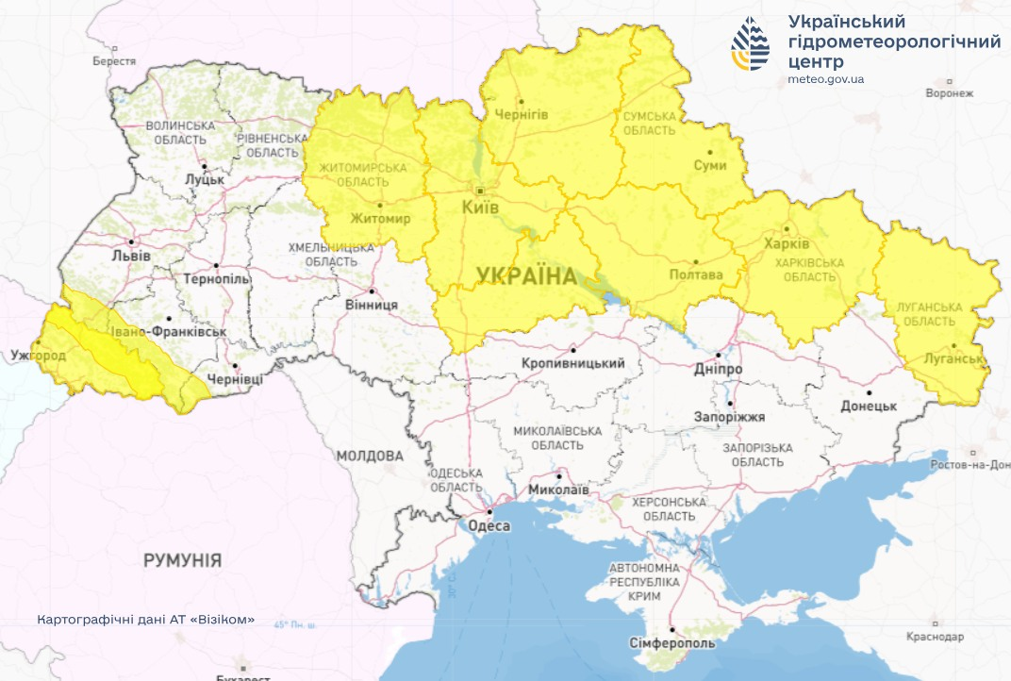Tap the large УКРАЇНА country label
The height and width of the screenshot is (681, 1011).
coord(526,275)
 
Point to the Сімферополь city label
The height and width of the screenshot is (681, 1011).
coord(671,643)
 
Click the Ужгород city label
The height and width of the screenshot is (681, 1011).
coord(38,356)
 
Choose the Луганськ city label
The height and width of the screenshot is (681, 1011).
coord(954,359)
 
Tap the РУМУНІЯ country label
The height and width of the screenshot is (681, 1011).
coord(183,560)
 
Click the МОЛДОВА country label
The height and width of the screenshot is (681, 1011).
coord(369,456)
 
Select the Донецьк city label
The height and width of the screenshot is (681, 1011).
coord(868,407)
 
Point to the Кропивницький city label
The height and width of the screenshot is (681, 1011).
coord(573,363)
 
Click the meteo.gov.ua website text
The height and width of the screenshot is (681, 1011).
coord(825,79)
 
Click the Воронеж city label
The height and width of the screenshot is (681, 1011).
coord(949,93)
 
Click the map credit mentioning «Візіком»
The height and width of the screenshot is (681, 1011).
coord(146,620)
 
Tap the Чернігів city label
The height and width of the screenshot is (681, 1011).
coord(521,114)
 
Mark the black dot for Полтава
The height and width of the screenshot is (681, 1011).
coord(696,262)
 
